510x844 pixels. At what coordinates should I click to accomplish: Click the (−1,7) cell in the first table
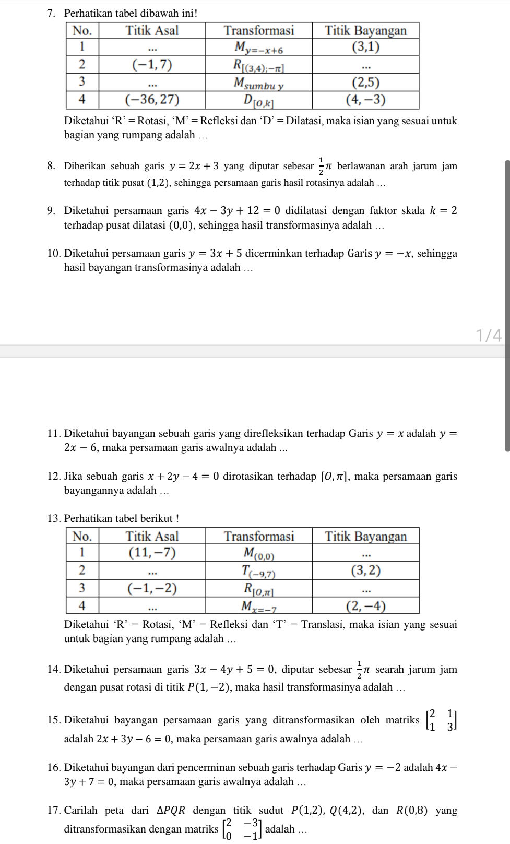click(152, 65)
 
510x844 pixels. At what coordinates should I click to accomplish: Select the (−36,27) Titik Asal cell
click(152, 100)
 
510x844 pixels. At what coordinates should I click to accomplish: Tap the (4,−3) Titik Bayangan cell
click(365, 100)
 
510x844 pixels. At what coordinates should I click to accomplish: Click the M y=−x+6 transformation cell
click(258, 47)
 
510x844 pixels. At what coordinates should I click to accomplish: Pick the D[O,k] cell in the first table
click(258, 100)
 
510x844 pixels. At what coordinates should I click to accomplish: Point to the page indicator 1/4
click(489, 335)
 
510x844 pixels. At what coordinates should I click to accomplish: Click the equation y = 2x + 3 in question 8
click(194, 167)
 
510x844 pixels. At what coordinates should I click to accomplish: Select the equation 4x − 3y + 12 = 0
click(237, 211)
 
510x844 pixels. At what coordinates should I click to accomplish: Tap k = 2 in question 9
click(443, 211)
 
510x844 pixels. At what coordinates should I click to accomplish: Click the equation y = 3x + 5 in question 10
click(215, 254)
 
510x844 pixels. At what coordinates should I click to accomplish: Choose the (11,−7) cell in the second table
click(152, 553)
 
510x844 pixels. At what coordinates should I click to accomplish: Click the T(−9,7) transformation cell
click(258, 571)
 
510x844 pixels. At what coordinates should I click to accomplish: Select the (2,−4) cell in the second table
click(365, 606)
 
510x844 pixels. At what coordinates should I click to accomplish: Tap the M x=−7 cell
click(258, 607)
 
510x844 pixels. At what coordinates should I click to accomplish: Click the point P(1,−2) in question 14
click(209, 687)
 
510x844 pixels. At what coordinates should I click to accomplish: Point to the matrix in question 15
click(441, 720)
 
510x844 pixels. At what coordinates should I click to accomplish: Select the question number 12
click(54, 477)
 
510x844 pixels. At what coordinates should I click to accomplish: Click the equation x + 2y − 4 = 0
click(183, 477)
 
